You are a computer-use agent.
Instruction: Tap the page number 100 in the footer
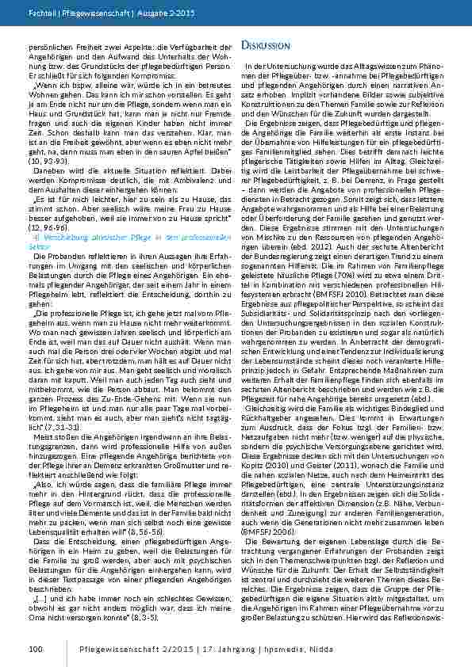(x=34, y=649)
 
